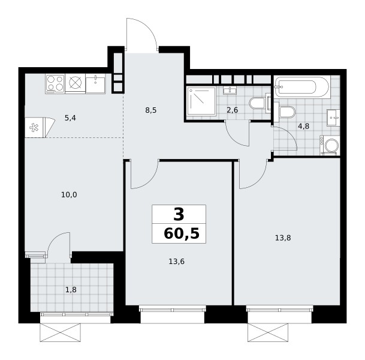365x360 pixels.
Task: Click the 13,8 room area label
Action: [283, 238]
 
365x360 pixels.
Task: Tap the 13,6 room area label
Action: [176, 262]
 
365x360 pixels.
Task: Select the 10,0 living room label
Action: [69, 194]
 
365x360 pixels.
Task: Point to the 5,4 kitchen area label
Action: [70, 118]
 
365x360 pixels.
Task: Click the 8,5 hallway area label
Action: [151, 110]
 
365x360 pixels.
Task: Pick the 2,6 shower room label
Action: [233, 110]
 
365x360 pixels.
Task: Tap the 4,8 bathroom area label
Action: [303, 126]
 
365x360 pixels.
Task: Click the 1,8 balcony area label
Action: [71, 290]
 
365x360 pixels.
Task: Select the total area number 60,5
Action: [182, 233]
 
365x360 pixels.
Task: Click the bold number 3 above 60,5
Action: [179, 215]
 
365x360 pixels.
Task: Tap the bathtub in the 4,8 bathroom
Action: [301, 87]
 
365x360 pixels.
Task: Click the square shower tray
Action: [201, 101]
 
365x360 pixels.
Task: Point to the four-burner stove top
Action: [55, 83]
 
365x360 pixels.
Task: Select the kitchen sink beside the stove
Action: [96, 83]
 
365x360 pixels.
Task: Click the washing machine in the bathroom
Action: [330, 145]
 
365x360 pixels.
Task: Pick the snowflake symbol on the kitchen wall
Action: [34, 128]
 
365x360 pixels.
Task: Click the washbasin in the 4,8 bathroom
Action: [333, 118]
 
